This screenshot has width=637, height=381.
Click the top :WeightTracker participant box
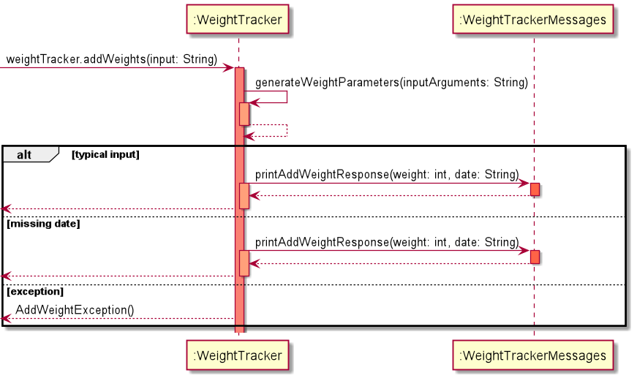click(x=238, y=20)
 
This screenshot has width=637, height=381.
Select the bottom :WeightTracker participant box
click(x=238, y=355)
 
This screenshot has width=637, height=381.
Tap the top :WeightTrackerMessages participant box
click(x=533, y=20)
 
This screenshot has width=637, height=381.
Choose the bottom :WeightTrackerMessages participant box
click(x=533, y=355)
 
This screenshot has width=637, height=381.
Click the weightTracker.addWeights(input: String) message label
click(x=112, y=59)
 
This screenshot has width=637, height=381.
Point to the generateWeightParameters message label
click(x=391, y=83)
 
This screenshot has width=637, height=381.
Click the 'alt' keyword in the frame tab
click(x=24, y=154)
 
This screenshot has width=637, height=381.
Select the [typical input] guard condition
click(x=105, y=154)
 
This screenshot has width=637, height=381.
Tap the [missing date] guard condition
click(x=43, y=224)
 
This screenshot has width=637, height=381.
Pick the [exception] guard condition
click(x=35, y=291)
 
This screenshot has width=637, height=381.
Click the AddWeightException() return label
click(x=75, y=309)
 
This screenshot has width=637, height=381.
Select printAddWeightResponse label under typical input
click(x=387, y=175)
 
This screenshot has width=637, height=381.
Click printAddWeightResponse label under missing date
click(x=387, y=242)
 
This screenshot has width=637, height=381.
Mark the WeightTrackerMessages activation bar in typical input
click(x=535, y=189)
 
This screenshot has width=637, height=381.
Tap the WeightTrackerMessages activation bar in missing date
click(x=535, y=257)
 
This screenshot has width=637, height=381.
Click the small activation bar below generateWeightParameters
click(x=244, y=113)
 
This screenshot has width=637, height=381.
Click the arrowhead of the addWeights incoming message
click(x=229, y=67)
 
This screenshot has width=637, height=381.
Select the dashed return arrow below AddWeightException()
click(x=117, y=319)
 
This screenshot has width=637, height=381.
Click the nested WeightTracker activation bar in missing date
click(x=244, y=263)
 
